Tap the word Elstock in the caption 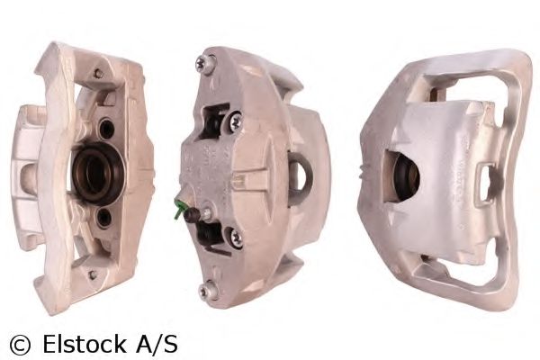coord(77,343)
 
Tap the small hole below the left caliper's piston coord(104,216)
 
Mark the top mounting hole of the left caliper coord(97,73)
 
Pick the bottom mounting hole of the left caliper coord(90,274)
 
